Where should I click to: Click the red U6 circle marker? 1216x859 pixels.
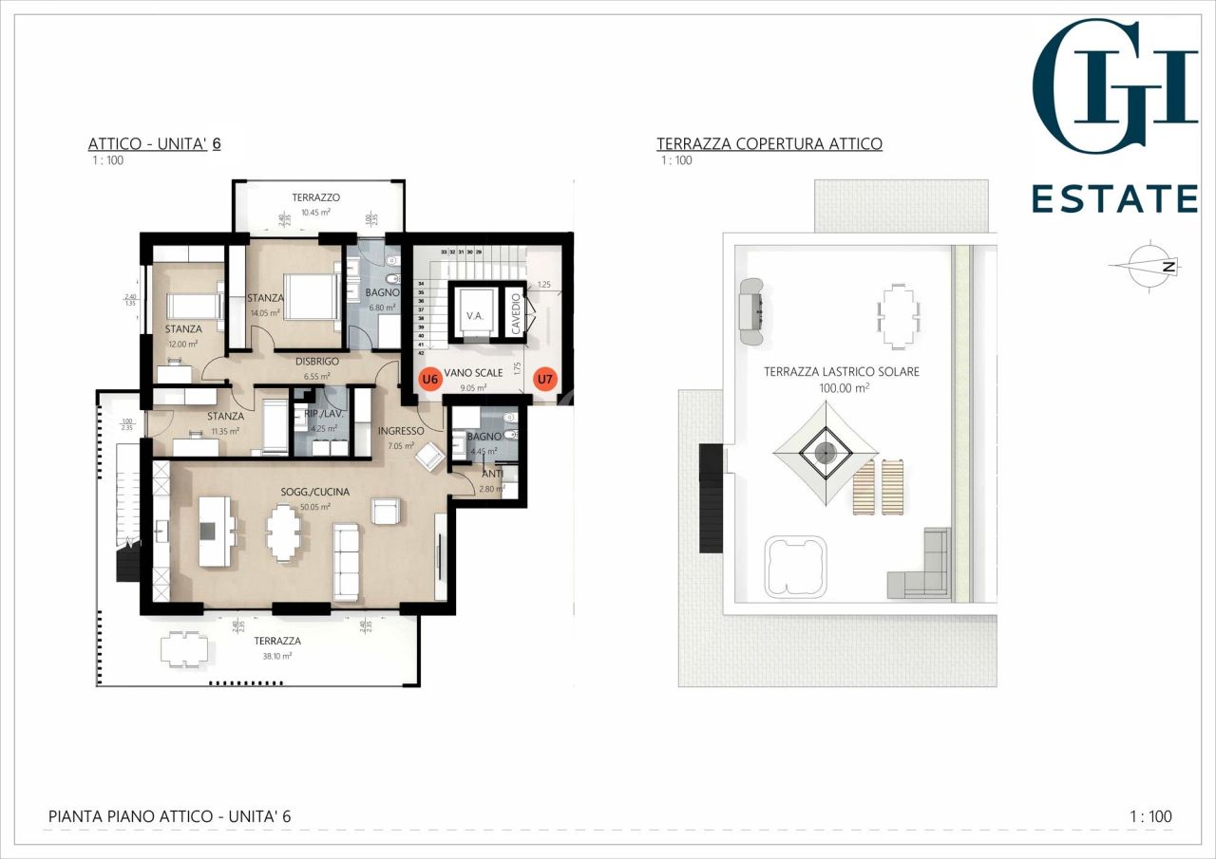point(430,379)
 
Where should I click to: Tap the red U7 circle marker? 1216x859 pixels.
point(544,380)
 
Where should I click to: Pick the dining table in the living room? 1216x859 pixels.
point(283,533)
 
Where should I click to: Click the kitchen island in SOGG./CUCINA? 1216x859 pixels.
point(216,532)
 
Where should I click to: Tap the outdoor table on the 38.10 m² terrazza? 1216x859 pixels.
point(185,650)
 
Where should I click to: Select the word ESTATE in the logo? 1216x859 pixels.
point(1114,199)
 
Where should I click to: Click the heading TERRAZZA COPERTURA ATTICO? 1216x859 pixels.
point(769,144)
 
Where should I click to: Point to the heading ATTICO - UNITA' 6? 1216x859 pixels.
point(155,144)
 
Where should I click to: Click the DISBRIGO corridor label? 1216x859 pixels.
point(317,362)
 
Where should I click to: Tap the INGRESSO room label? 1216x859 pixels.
point(401,431)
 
